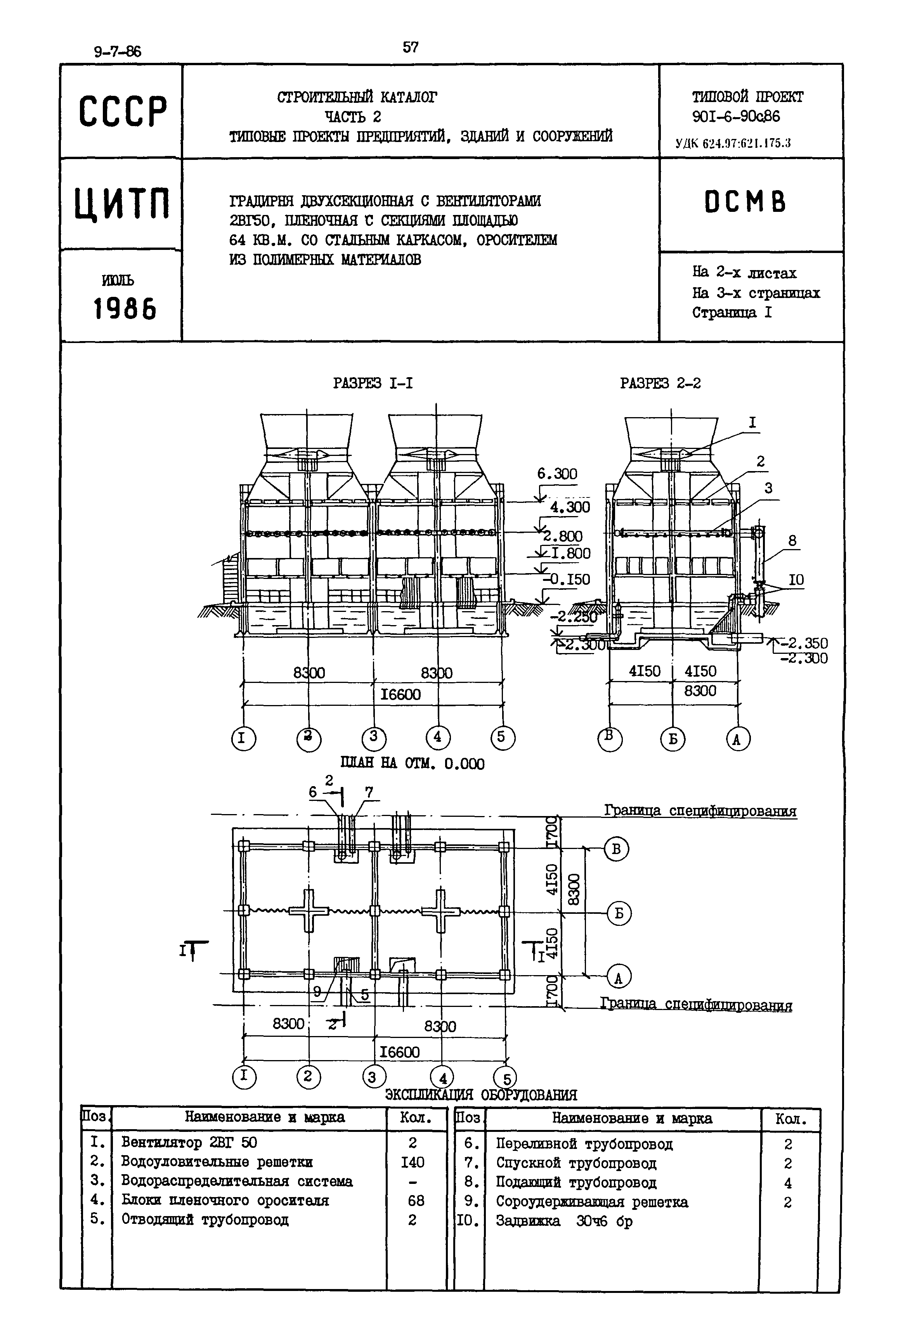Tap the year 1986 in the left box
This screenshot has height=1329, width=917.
point(124,310)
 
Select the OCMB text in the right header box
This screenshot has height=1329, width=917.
point(745,202)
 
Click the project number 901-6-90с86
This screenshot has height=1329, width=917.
point(736,116)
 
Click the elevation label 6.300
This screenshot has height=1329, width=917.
point(557,474)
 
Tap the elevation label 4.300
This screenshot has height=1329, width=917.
point(569,506)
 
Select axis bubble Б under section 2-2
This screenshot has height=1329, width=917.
point(672,739)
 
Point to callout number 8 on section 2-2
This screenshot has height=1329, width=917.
point(792,541)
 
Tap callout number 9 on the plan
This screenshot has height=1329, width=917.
point(317,992)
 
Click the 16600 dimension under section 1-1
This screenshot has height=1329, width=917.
point(400,695)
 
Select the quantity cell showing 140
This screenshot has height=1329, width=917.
point(413,1163)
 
